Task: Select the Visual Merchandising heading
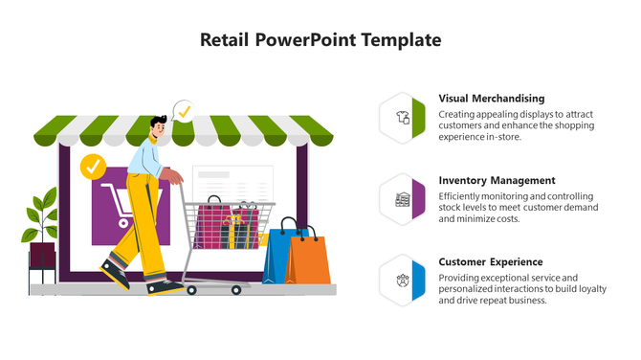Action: pyautogui.click(x=491, y=99)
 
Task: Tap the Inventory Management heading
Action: pyautogui.click(x=497, y=180)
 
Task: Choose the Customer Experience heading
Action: pyautogui.click(x=490, y=261)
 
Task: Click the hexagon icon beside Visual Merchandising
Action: pyautogui.click(x=403, y=119)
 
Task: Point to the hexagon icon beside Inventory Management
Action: pyautogui.click(x=403, y=200)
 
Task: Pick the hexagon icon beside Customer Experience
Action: pyautogui.click(x=403, y=281)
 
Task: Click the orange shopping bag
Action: pyautogui.click(x=309, y=259)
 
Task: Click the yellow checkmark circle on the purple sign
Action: pyautogui.click(x=93, y=167)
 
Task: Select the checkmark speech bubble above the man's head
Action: pyautogui.click(x=184, y=111)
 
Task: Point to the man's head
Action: pyautogui.click(x=159, y=127)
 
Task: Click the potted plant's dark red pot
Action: pyautogui.click(x=42, y=256)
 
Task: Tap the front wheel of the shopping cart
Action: pyautogui.click(x=192, y=288)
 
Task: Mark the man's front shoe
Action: pyautogui.click(x=166, y=286)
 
